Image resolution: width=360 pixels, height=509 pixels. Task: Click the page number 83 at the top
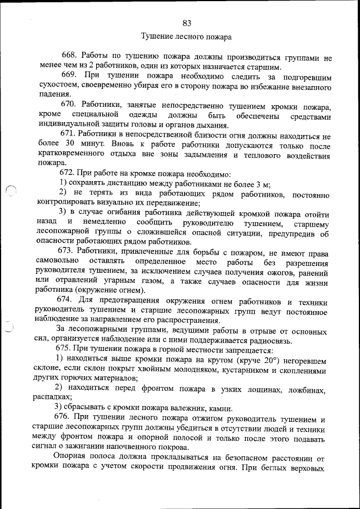point(187,23)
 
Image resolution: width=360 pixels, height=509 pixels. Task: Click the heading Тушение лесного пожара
point(186,38)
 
